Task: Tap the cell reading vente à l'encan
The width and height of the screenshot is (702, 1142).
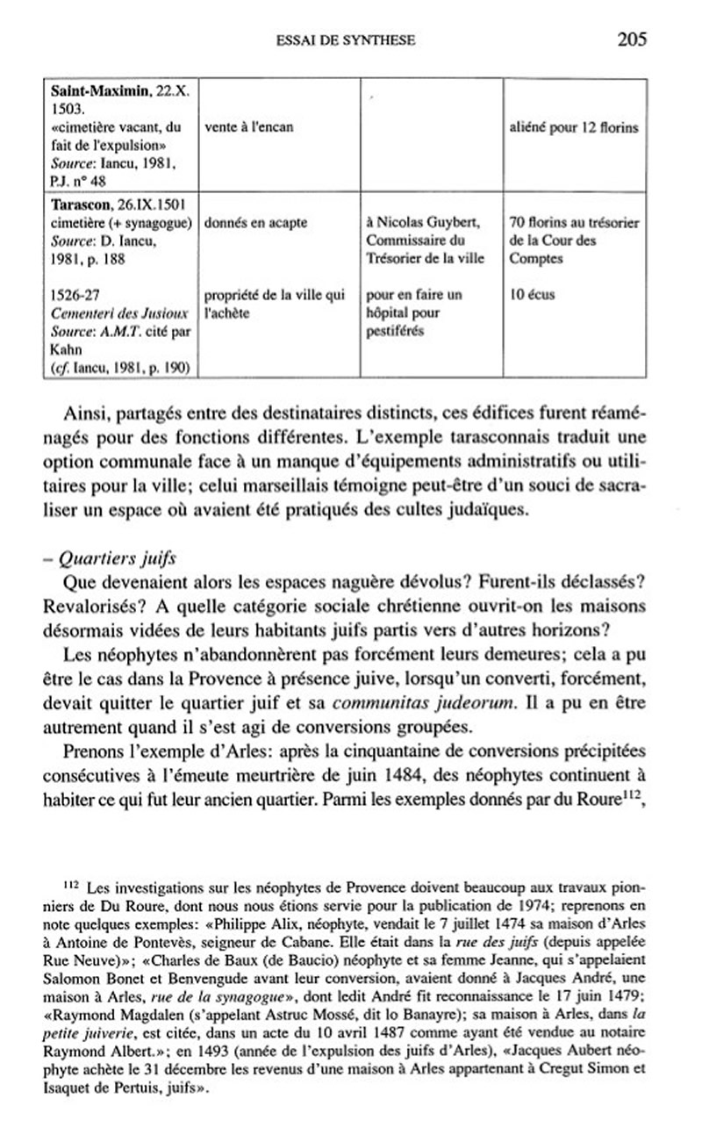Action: point(248,127)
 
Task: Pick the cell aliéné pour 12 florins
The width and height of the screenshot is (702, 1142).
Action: point(573,127)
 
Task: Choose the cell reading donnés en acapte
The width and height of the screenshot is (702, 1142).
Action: point(255,222)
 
